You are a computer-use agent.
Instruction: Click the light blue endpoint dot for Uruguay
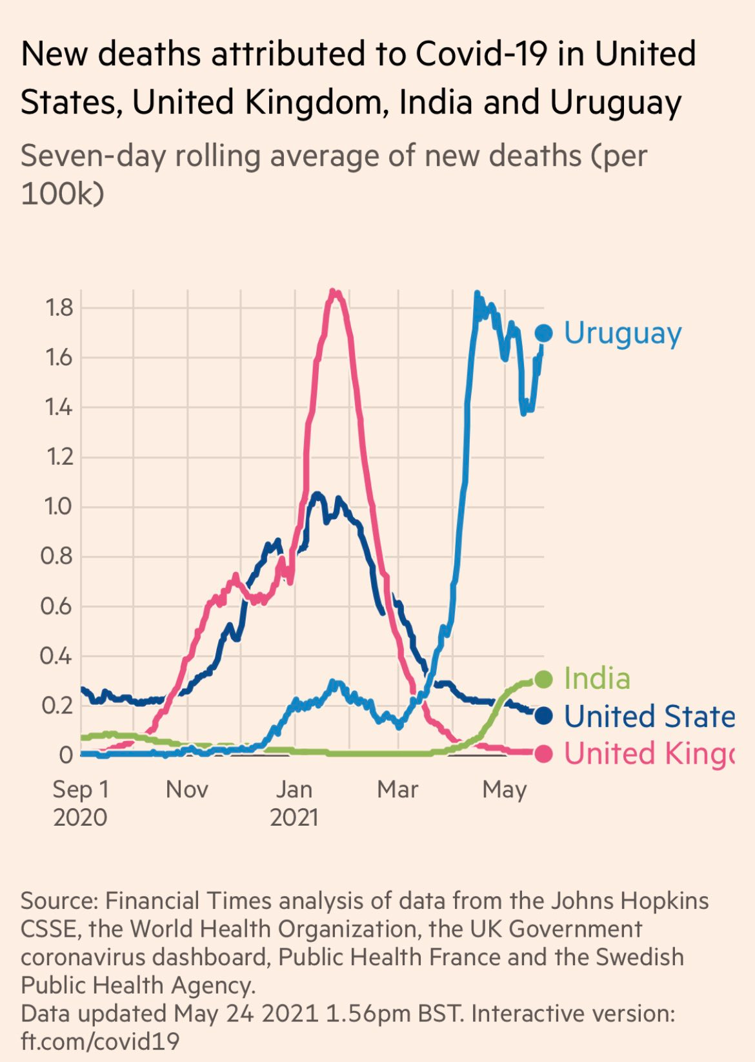[x=543, y=333]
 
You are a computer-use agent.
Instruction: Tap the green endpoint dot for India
[x=543, y=679]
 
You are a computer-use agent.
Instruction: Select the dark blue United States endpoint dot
[x=543, y=716]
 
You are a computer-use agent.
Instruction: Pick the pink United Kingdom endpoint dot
[x=543, y=753]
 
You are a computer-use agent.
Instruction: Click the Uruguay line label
[x=622, y=333]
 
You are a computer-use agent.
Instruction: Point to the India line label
[x=597, y=679]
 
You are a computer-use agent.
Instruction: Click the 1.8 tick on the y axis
[x=59, y=308]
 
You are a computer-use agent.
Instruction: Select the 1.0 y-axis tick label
[x=59, y=507]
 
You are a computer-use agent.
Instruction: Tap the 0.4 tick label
[x=57, y=656]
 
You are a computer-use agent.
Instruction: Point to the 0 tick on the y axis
[x=66, y=755]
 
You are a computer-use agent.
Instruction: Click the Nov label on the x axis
[x=187, y=790]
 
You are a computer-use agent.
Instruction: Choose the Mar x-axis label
[x=398, y=790]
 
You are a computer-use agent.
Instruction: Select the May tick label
[x=505, y=790]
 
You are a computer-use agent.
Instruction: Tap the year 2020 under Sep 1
[x=80, y=817]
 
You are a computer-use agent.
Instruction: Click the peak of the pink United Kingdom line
[x=333, y=292]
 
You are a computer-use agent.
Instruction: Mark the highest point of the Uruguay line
[x=477, y=294]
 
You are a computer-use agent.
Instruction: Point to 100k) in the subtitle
[x=62, y=193]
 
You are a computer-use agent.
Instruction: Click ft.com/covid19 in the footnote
[x=100, y=1041]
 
